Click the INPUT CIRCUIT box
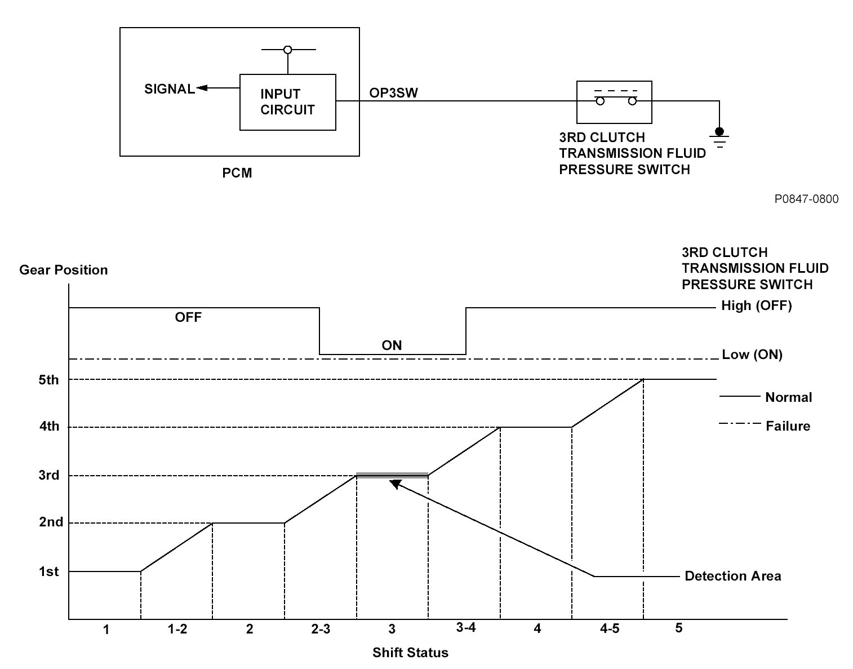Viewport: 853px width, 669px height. coord(287,102)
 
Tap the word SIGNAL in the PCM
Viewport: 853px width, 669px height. coord(170,89)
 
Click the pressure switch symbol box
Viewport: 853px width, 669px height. coord(614,102)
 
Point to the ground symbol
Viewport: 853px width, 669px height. coord(719,137)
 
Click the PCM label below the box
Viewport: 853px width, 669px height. coord(237,173)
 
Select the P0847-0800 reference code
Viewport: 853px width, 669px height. coord(806,199)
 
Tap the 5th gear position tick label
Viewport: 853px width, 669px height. coord(49,380)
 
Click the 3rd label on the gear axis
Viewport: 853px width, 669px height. coord(49,476)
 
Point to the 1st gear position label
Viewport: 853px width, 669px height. coord(49,571)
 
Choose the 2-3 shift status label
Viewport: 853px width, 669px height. coord(320,629)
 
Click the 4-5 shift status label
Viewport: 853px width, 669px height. coord(608,629)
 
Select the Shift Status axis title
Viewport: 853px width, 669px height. coord(410,653)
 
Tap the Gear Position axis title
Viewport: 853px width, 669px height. coord(63,270)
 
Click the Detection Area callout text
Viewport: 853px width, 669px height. coord(732,576)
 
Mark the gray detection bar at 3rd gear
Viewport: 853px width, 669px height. coord(392,475)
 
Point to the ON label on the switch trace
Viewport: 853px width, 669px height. coord(392,345)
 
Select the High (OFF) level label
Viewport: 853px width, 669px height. coord(756,306)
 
